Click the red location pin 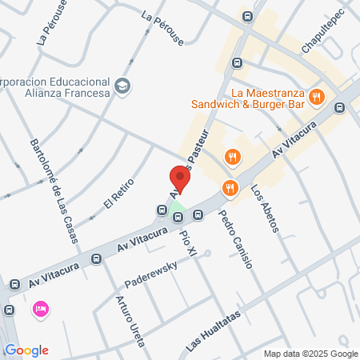coord(180,179)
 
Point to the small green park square coord(176,214)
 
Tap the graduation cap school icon coord(122,86)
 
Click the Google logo coord(26,350)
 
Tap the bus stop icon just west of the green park coord(159,210)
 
